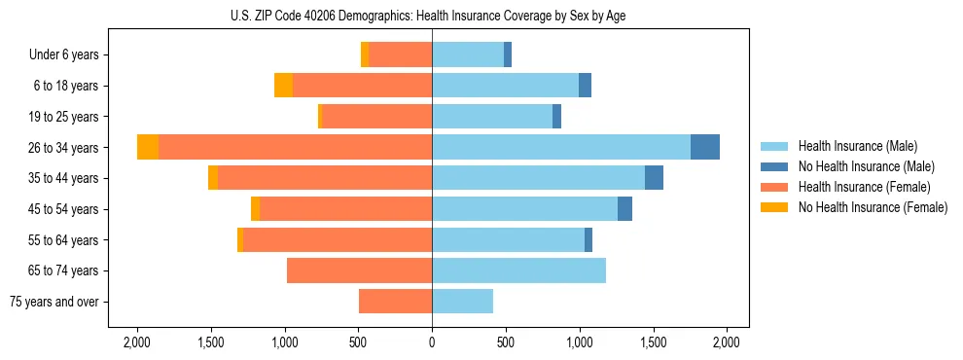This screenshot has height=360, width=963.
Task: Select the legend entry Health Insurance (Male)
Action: pos(852,146)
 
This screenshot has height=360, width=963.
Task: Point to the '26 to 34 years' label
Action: pos(63,148)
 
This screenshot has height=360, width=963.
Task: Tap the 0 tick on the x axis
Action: pos(432,342)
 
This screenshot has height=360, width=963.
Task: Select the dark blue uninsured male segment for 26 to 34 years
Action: pos(705,147)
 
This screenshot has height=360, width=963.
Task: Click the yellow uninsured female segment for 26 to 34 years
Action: pos(148,147)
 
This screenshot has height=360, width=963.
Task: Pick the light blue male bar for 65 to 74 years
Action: pos(518,270)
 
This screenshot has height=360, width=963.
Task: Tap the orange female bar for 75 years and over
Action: pos(395,302)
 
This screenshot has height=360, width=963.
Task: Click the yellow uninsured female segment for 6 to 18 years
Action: pos(283,86)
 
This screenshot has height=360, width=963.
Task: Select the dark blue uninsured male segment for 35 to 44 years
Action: pos(654,178)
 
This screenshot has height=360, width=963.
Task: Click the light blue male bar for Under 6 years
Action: pos(468,54)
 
